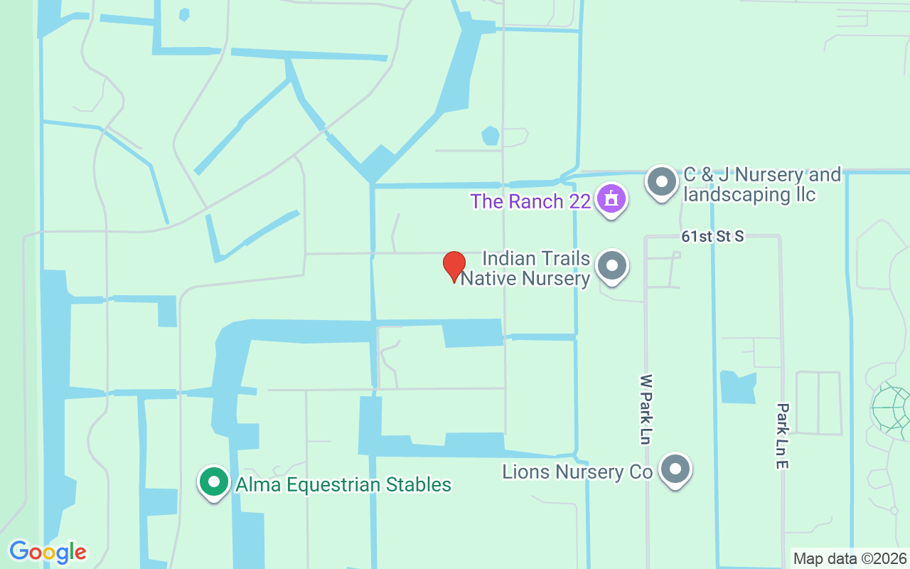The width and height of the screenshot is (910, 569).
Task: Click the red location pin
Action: (454, 266)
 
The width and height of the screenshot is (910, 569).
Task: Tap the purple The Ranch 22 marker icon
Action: (611, 199)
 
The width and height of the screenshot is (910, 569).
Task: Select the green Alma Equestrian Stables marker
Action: (213, 482)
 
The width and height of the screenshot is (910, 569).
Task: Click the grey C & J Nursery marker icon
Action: (662, 182)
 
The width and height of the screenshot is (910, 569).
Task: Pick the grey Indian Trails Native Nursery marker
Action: (611, 267)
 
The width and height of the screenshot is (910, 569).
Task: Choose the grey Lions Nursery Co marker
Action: (675, 469)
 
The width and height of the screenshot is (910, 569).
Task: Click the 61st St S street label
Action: (712, 236)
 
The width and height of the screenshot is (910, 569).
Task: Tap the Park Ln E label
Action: (783, 435)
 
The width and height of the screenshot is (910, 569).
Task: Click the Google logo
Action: (48, 552)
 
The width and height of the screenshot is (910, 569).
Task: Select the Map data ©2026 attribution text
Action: (850, 558)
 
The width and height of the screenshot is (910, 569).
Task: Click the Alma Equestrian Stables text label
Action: (343, 485)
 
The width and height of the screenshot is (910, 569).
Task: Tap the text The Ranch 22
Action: (530, 201)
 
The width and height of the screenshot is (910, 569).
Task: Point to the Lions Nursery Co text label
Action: (577, 472)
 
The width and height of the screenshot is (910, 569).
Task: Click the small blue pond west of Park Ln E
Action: (737, 387)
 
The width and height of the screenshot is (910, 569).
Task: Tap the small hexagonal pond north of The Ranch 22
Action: (490, 135)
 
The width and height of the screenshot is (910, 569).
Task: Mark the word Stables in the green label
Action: (418, 485)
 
